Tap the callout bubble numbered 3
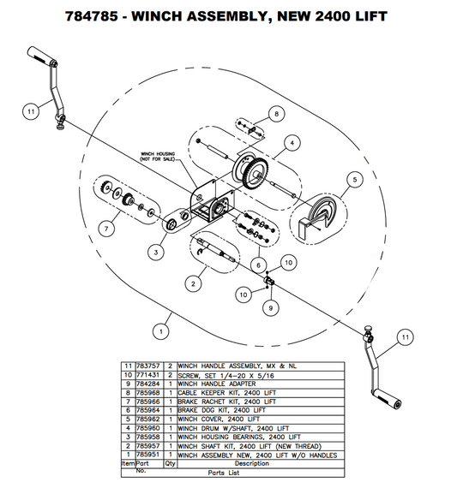click(155, 253)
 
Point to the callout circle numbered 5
click(352, 180)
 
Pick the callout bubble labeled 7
click(108, 229)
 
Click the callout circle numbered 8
click(275, 114)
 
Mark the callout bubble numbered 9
click(270, 306)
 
